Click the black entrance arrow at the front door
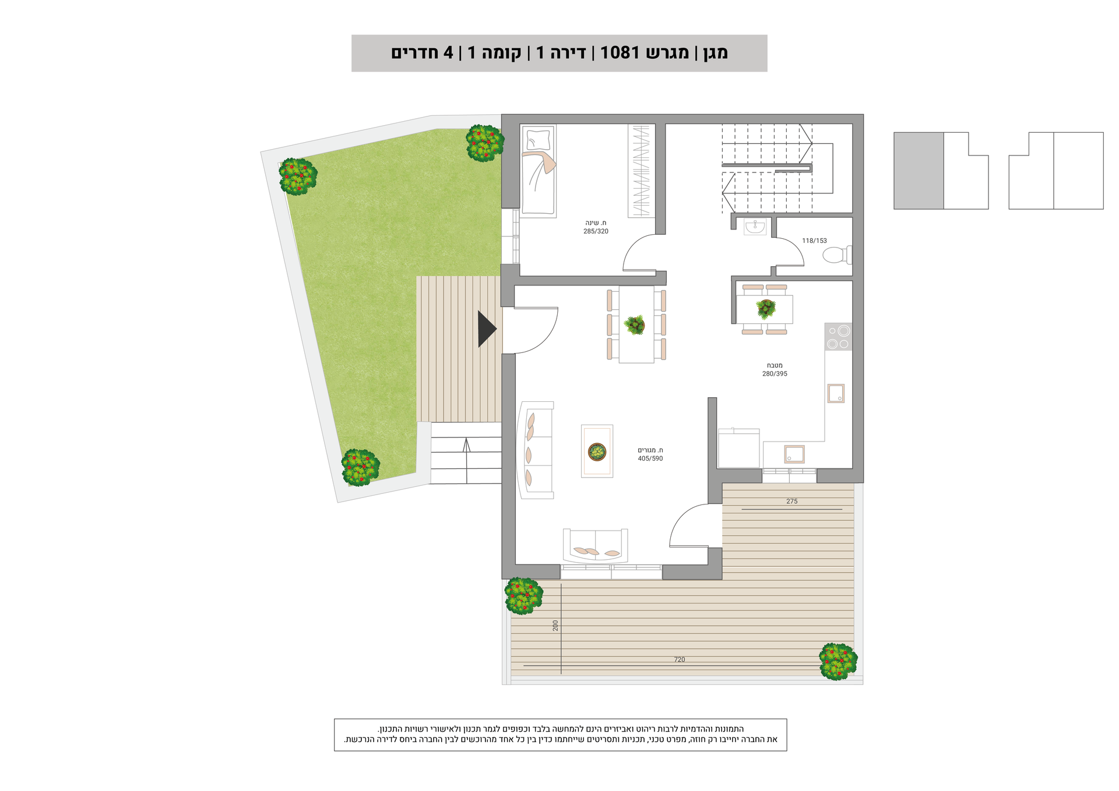click(x=486, y=329)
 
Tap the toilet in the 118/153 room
click(x=836, y=255)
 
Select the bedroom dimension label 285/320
click(x=596, y=231)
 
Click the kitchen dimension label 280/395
click(x=775, y=374)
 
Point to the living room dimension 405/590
click(x=650, y=458)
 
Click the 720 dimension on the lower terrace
click(x=680, y=659)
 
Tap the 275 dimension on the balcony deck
click(x=791, y=501)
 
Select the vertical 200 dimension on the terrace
click(x=555, y=626)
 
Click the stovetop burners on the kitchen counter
click(x=838, y=337)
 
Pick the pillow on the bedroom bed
click(x=538, y=140)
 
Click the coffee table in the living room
click(x=597, y=451)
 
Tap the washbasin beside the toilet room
click(x=755, y=227)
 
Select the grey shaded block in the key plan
click(x=919, y=171)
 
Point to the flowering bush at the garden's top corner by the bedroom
click(x=484, y=143)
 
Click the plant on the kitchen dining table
click(x=766, y=309)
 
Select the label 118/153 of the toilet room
click(x=814, y=241)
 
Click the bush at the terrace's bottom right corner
click(x=838, y=662)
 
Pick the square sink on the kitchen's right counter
click(x=836, y=393)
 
